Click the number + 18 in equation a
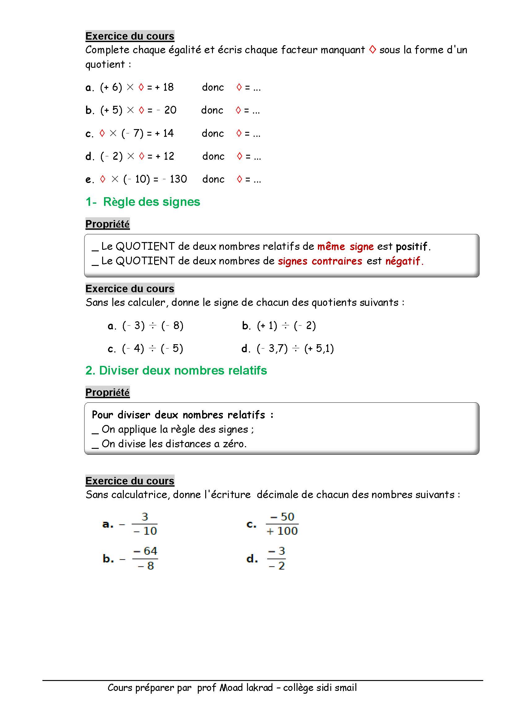[x=164, y=87]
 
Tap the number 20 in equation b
[x=170, y=110]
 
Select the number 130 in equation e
[x=178, y=179]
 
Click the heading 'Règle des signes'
[x=151, y=202]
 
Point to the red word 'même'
[x=331, y=246]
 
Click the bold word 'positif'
[x=412, y=246]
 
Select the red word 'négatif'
[x=403, y=261]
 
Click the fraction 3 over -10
[x=145, y=524]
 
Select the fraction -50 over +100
[x=282, y=524]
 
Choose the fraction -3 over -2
[x=276, y=558]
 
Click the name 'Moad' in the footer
[x=231, y=688]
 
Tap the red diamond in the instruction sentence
[x=372, y=50]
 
